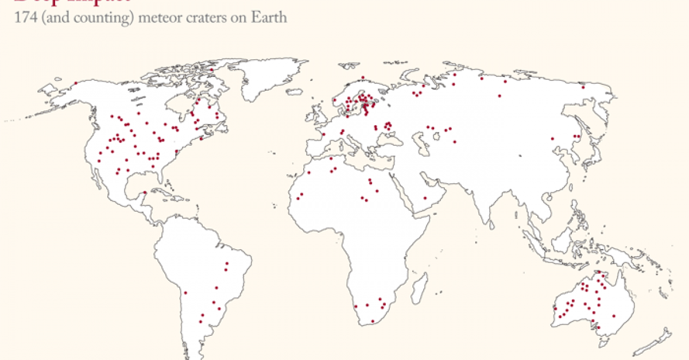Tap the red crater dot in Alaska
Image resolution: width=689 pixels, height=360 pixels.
(75, 83)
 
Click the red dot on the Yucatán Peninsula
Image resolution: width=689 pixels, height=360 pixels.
(144, 193)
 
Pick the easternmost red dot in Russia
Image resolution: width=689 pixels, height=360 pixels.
(583, 87)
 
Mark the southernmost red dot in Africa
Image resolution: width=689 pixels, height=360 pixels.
(373, 321)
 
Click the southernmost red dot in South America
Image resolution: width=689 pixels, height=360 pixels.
(202, 315)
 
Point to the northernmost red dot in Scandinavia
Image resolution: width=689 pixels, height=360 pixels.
(363, 78)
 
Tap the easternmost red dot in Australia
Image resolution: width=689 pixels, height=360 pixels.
(614, 315)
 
